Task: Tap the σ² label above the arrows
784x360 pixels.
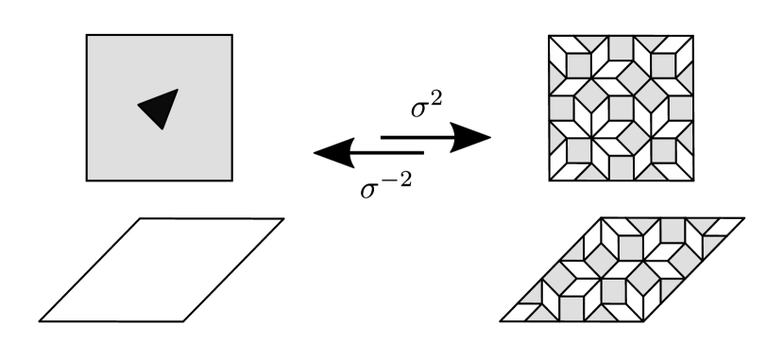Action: pyautogui.click(x=426, y=106)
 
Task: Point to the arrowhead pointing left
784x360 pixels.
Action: pyautogui.click(x=332, y=150)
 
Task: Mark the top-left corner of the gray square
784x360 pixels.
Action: pyautogui.click(x=87, y=35)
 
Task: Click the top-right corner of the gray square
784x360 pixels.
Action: pyautogui.click(x=232, y=35)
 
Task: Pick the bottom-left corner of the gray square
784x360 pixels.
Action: pyautogui.click(x=87, y=180)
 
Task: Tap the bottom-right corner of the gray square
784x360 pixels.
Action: pyautogui.click(x=232, y=180)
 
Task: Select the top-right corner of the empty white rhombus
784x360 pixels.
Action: pyautogui.click(x=283, y=219)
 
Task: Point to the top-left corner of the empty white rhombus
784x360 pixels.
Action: pyautogui.click(x=141, y=219)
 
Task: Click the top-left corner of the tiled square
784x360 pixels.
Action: pyautogui.click(x=549, y=36)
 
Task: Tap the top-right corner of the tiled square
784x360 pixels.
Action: pyautogui.click(x=694, y=36)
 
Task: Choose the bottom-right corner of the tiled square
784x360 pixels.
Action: pyautogui.click(x=694, y=181)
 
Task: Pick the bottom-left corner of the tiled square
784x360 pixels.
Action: pyautogui.click(x=549, y=181)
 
